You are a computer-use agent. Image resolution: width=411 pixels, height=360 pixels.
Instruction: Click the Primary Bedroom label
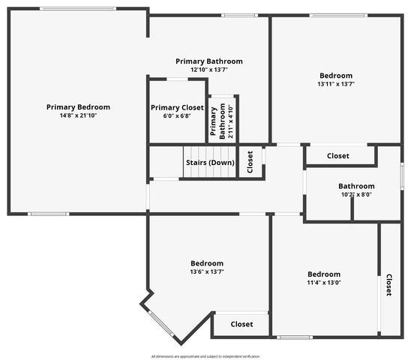click(78, 107)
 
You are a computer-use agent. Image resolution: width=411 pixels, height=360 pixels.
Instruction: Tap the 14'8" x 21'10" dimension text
click(78, 115)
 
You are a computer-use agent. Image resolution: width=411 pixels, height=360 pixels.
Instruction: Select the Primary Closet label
click(177, 107)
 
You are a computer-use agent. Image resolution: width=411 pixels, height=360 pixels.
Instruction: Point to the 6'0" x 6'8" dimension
click(177, 115)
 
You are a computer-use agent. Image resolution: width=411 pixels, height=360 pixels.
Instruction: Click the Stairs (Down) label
click(209, 163)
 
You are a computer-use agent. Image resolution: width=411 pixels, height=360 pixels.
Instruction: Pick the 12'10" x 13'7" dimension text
click(209, 70)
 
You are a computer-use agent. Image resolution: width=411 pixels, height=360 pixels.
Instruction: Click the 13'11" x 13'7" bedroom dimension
click(336, 84)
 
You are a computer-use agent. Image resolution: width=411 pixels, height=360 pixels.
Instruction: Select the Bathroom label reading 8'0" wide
click(356, 186)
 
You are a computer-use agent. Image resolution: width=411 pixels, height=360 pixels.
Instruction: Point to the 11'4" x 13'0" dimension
click(324, 283)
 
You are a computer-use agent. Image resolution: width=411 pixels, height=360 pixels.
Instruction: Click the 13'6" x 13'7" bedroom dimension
click(206, 271)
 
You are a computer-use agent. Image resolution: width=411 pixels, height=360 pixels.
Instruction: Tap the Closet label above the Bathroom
click(338, 156)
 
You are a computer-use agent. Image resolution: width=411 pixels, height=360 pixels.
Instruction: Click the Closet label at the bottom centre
click(241, 324)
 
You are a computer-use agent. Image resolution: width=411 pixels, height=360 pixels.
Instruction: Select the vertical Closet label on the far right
click(388, 285)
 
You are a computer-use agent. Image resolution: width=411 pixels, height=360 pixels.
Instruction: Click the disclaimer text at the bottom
click(205, 356)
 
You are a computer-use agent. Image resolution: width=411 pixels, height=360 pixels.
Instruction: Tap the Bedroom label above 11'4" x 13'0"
click(324, 274)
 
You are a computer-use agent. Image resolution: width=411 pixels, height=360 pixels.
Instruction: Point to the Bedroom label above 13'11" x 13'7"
click(336, 75)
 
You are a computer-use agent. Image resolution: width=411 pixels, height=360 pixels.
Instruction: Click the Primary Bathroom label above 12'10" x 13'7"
click(209, 61)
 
